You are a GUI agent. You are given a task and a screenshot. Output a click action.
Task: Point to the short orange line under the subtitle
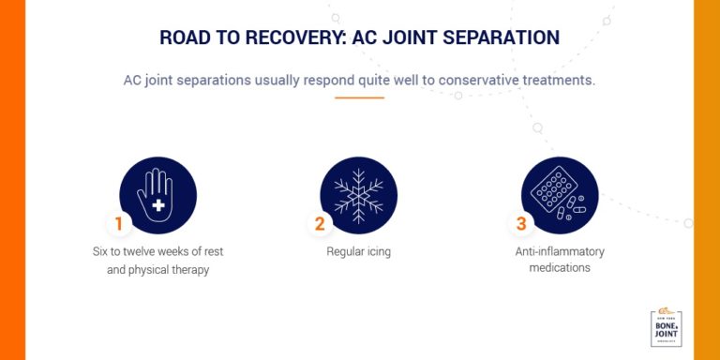pos(359,97)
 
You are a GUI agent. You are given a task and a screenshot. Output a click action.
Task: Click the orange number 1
pos(119,224)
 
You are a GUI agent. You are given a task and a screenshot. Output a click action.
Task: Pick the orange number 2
pos(320,224)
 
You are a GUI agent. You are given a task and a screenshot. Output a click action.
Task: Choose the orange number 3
pos(521,224)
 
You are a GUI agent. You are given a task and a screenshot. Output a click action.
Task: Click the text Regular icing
pos(359,251)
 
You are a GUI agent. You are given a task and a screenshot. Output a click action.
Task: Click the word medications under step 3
pos(560,268)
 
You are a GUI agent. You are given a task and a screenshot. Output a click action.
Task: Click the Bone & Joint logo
pos(667,327)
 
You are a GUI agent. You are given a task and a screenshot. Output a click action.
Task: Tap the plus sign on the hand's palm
pos(158,203)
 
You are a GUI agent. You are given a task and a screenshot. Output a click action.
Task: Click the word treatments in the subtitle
pos(558,80)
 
